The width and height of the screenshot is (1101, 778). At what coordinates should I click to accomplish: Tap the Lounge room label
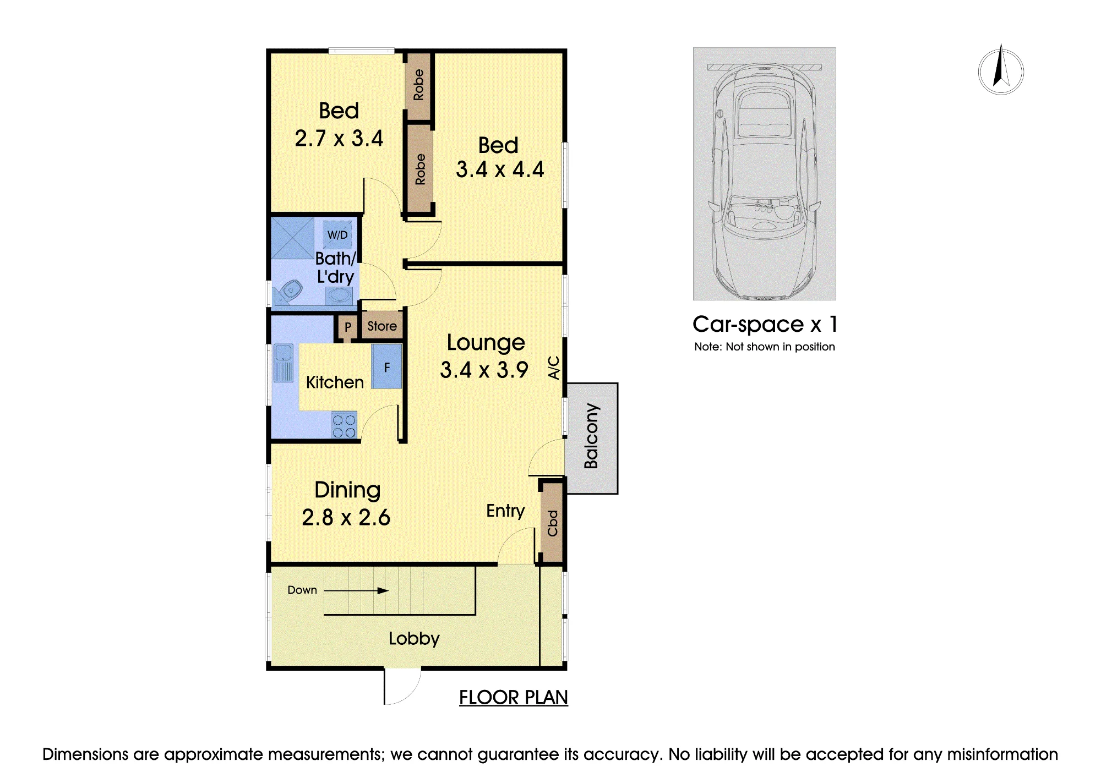(486, 343)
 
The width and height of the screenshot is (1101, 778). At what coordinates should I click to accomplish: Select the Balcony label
(591, 436)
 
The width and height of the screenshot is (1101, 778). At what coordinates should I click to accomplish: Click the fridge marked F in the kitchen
(386, 366)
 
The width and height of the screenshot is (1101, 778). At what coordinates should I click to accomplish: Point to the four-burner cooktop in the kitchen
(344, 426)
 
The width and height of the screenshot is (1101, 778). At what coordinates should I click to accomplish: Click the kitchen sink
(284, 363)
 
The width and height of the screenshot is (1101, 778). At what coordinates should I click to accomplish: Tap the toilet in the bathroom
(290, 292)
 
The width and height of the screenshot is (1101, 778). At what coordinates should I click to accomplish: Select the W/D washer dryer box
(337, 235)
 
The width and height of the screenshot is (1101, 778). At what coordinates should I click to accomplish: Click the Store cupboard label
(382, 326)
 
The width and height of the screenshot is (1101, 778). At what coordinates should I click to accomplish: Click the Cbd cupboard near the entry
(553, 523)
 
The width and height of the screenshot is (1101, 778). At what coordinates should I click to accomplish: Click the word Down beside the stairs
(302, 590)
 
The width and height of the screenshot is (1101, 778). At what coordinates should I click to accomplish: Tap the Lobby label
(414, 639)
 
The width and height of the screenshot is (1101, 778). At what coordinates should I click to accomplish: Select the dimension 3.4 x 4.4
(500, 169)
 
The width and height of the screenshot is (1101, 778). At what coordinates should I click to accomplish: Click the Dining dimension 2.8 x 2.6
(346, 517)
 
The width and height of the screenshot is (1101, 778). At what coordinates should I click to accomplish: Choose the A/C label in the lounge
(554, 368)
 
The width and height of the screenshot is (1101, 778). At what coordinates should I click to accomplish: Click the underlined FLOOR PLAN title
(513, 698)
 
